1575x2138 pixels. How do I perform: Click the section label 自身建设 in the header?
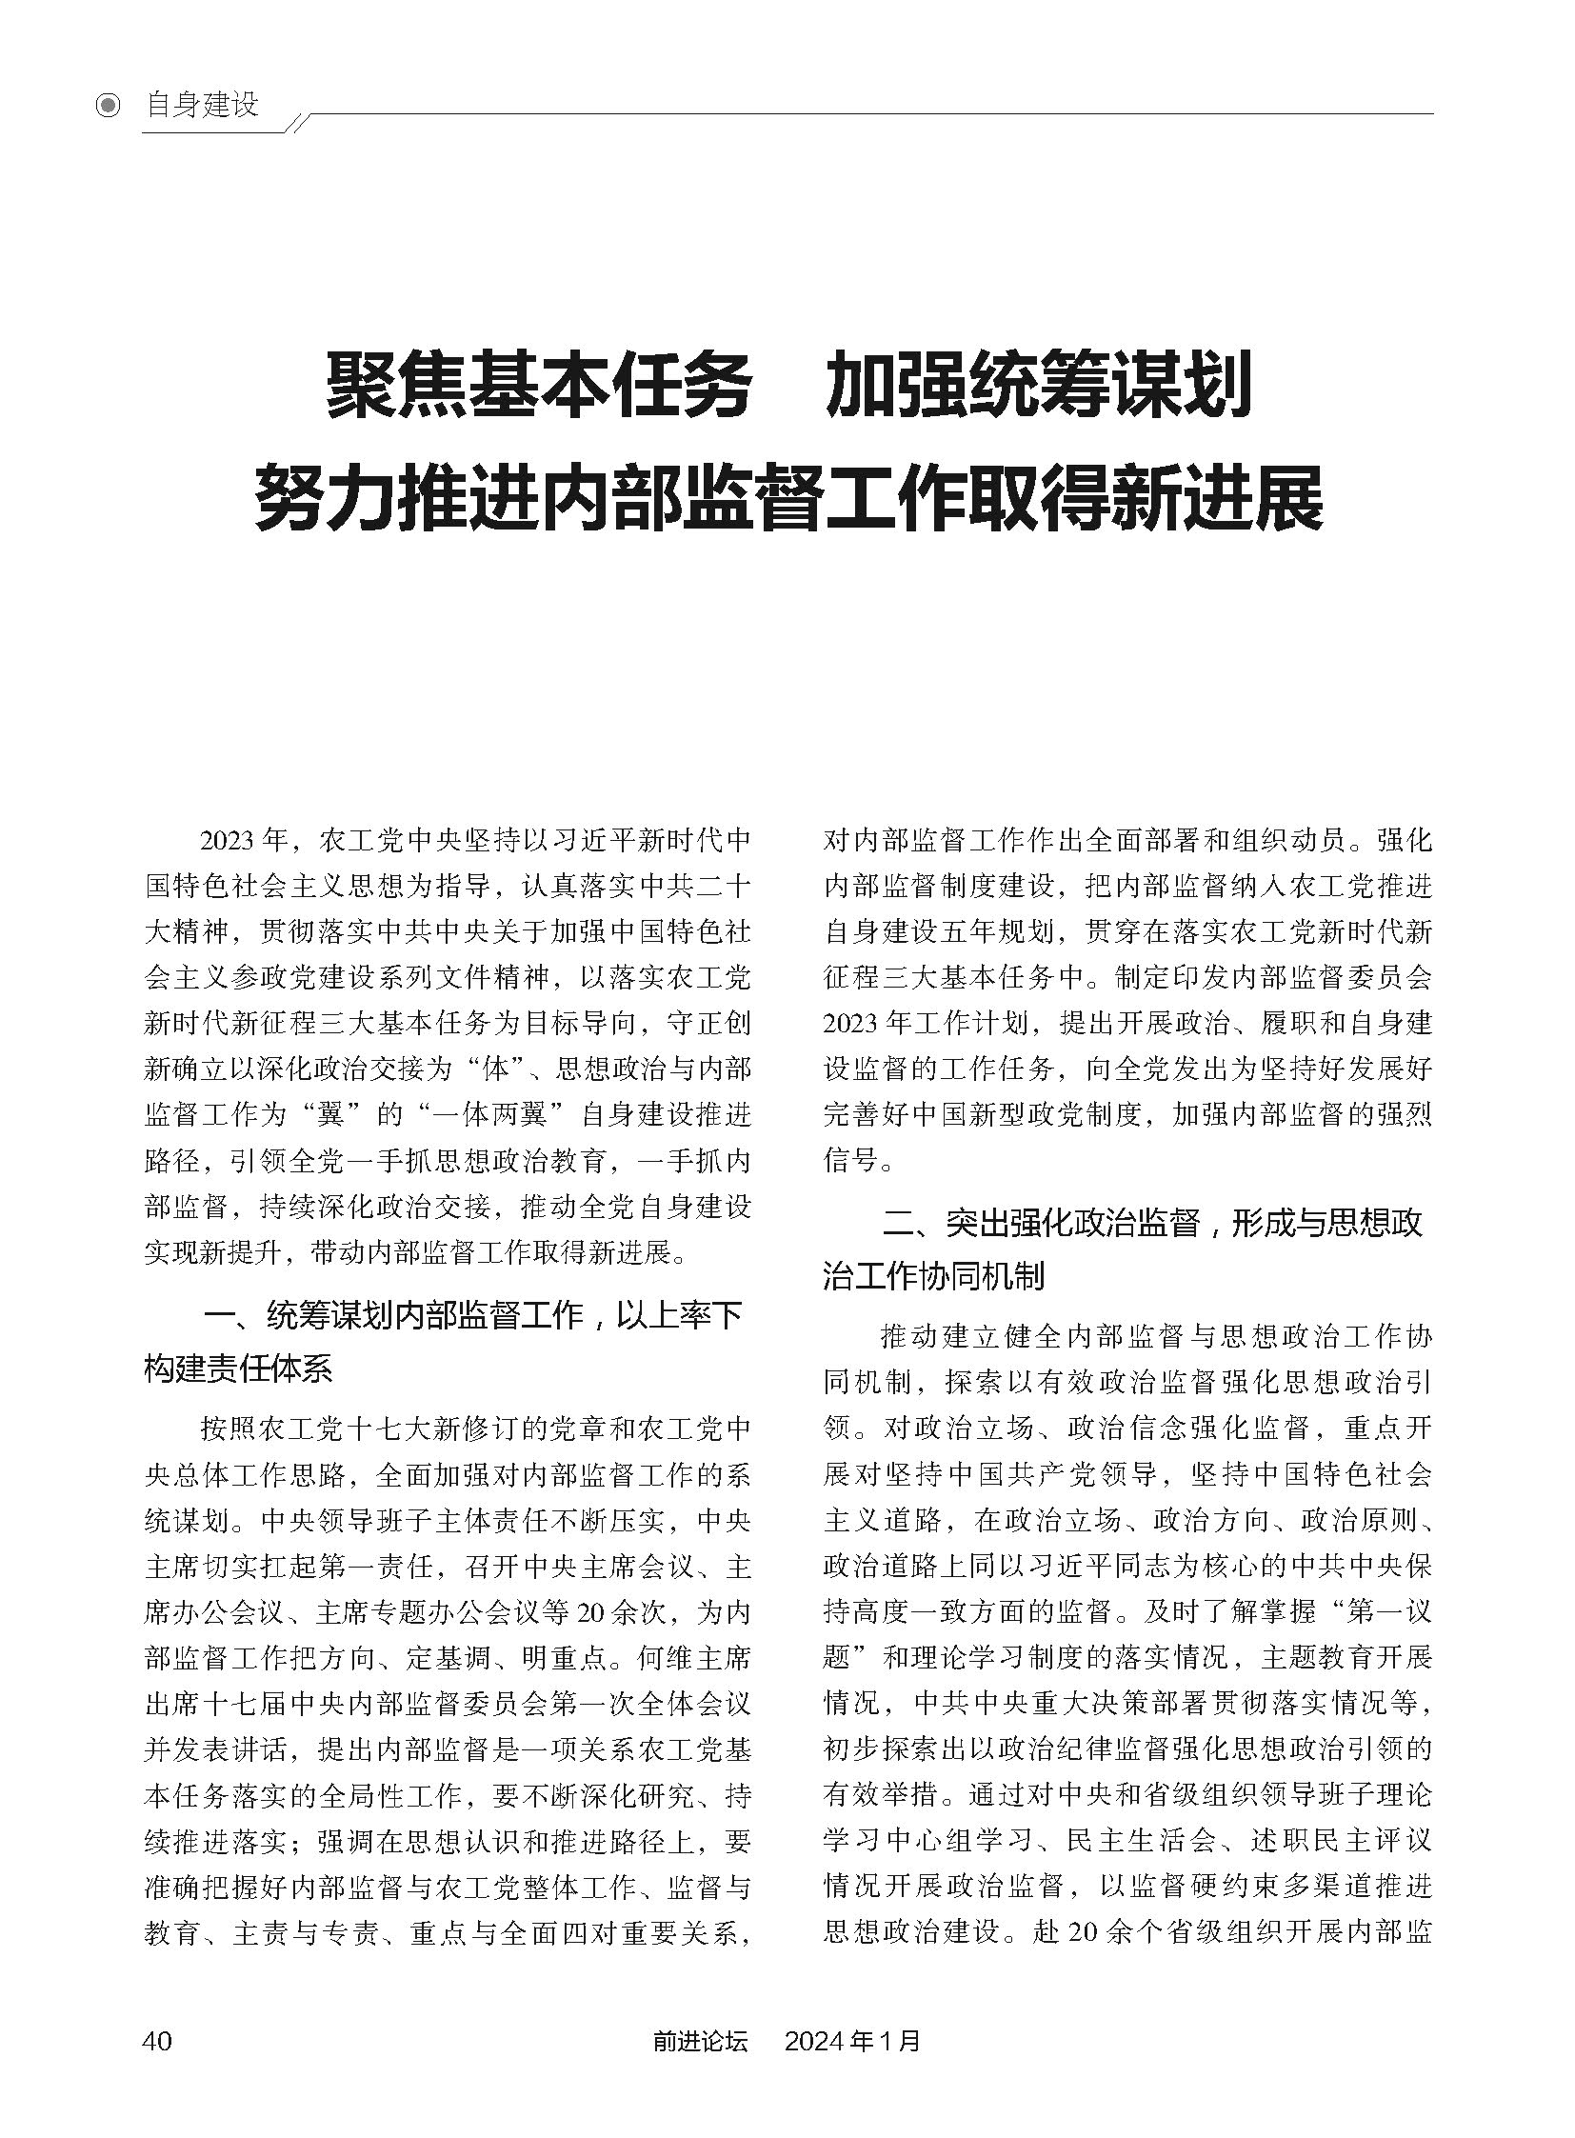tap(201, 105)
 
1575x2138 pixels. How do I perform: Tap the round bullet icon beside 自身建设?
tap(109, 105)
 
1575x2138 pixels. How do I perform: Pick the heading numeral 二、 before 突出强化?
tap(912, 1224)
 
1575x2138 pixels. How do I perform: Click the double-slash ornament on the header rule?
tap(298, 121)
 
